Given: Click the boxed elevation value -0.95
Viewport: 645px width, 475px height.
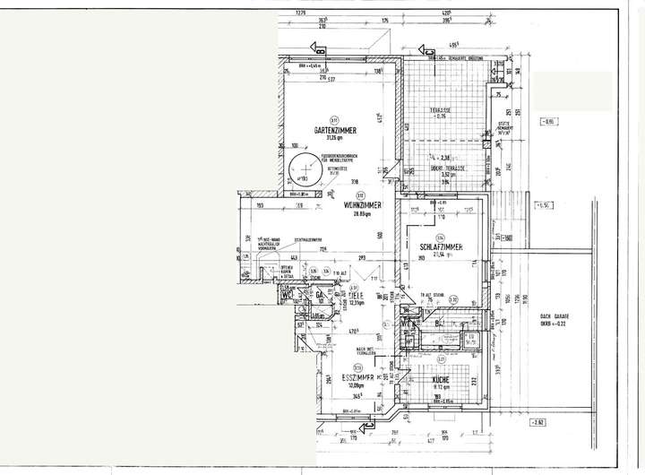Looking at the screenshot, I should point(546,120).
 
